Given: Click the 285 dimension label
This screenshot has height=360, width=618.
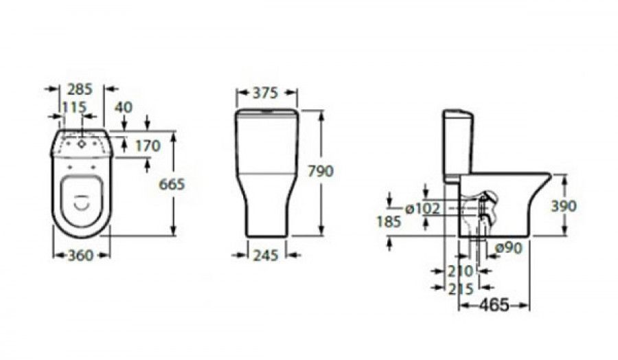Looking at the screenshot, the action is click(80, 89).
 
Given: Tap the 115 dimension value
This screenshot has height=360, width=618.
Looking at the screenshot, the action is click(74, 107).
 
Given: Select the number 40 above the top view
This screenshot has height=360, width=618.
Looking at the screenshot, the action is click(124, 107).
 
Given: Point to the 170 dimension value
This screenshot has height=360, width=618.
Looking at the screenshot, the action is click(148, 146).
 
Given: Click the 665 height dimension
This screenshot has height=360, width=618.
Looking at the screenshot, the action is click(172, 184).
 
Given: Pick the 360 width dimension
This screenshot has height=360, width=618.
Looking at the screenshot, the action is click(81, 256).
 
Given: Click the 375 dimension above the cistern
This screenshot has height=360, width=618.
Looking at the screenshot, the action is click(265, 93).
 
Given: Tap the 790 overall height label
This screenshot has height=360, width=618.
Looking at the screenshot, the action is click(321, 171).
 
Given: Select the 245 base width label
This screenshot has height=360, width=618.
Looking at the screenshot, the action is click(266, 256).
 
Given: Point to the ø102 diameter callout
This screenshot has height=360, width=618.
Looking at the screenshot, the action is click(422, 208).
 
